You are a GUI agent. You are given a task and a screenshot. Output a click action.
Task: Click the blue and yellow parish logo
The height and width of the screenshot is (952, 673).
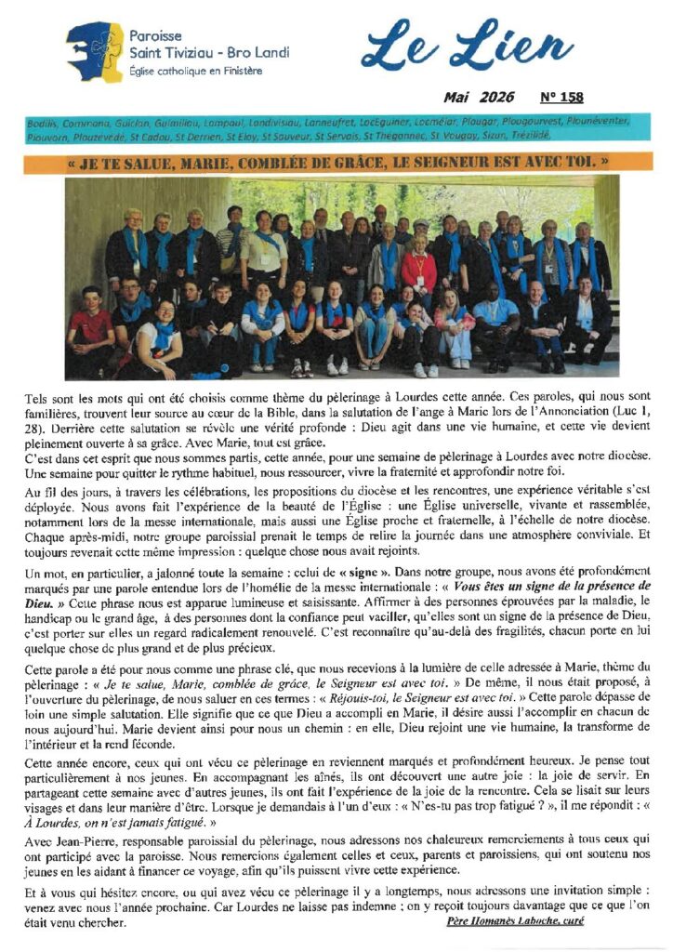pyautogui.click(x=94, y=52)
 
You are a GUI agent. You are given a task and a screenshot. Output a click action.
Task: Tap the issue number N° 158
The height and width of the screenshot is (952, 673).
pyautogui.click(x=561, y=97)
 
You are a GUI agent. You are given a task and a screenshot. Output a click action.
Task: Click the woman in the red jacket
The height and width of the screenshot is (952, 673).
pyautogui.click(x=419, y=271)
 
